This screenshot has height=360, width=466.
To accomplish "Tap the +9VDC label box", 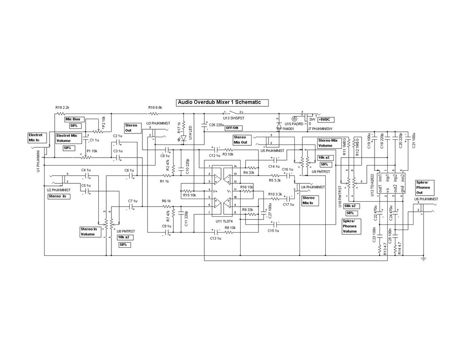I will pyautogui.click(x=325, y=120).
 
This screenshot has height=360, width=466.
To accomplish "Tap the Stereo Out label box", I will pyautogui.click(x=131, y=128).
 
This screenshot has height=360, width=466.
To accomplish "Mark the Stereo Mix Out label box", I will pyautogui.click(x=240, y=140).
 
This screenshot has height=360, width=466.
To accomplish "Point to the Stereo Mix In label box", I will pyautogui.click(x=309, y=200).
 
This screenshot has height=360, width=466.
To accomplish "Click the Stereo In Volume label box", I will pyautogui.click(x=89, y=232).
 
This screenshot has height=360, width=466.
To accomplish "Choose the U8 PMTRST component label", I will pyautogui.click(x=126, y=231).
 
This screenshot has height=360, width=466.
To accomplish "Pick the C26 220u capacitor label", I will pyautogui.click(x=217, y=125).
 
